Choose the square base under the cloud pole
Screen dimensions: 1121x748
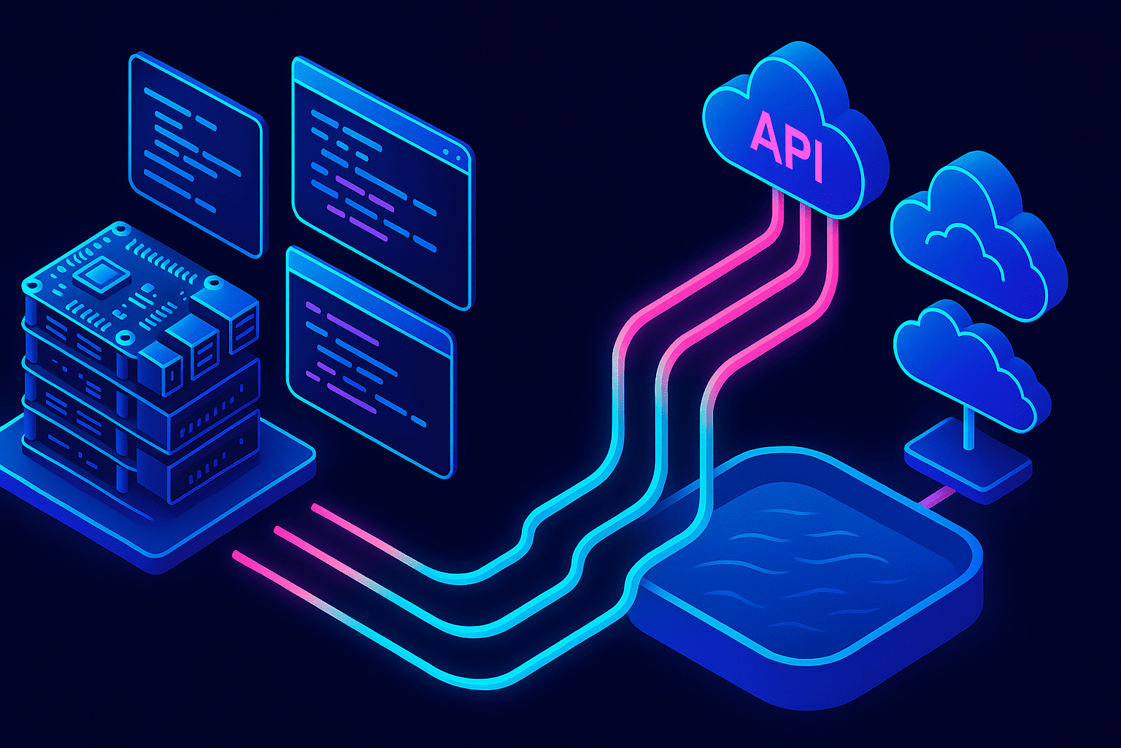click(x=968, y=461)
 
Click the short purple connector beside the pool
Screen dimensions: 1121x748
click(x=937, y=497)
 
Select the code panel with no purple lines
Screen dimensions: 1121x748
click(x=196, y=154)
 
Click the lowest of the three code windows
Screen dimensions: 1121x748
click(x=370, y=362)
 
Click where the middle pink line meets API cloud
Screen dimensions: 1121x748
click(x=804, y=205)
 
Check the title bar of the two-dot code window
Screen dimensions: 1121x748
click(x=382, y=115)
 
